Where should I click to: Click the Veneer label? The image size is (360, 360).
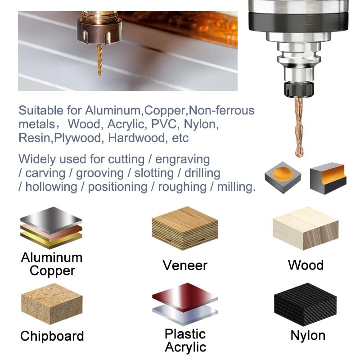185,265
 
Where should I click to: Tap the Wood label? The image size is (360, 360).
306,265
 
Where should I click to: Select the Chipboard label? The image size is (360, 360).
52,336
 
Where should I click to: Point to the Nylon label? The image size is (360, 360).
308,335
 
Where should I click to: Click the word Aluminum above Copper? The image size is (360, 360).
52,258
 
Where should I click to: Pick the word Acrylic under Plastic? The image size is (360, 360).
185,347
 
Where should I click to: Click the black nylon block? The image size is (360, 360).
305,306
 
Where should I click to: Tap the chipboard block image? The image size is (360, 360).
51,303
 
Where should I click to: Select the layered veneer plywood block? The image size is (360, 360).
184,228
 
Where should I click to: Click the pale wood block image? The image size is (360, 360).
306,228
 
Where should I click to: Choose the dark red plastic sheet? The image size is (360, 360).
184,297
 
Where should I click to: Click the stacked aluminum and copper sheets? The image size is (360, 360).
51,227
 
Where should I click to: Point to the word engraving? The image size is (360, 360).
185,159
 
